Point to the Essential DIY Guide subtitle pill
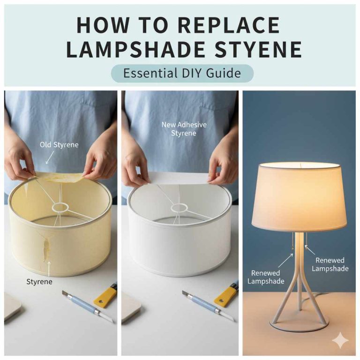tap(182, 74)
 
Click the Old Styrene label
tap(59, 145)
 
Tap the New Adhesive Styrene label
tap(184, 129)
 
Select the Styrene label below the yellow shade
tap(40, 282)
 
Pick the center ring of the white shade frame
tap(180, 207)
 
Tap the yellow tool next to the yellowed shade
tap(105, 295)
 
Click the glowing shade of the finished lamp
tap(300, 197)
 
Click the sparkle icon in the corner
tap(339, 340)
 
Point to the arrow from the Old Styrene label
tap(49, 157)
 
